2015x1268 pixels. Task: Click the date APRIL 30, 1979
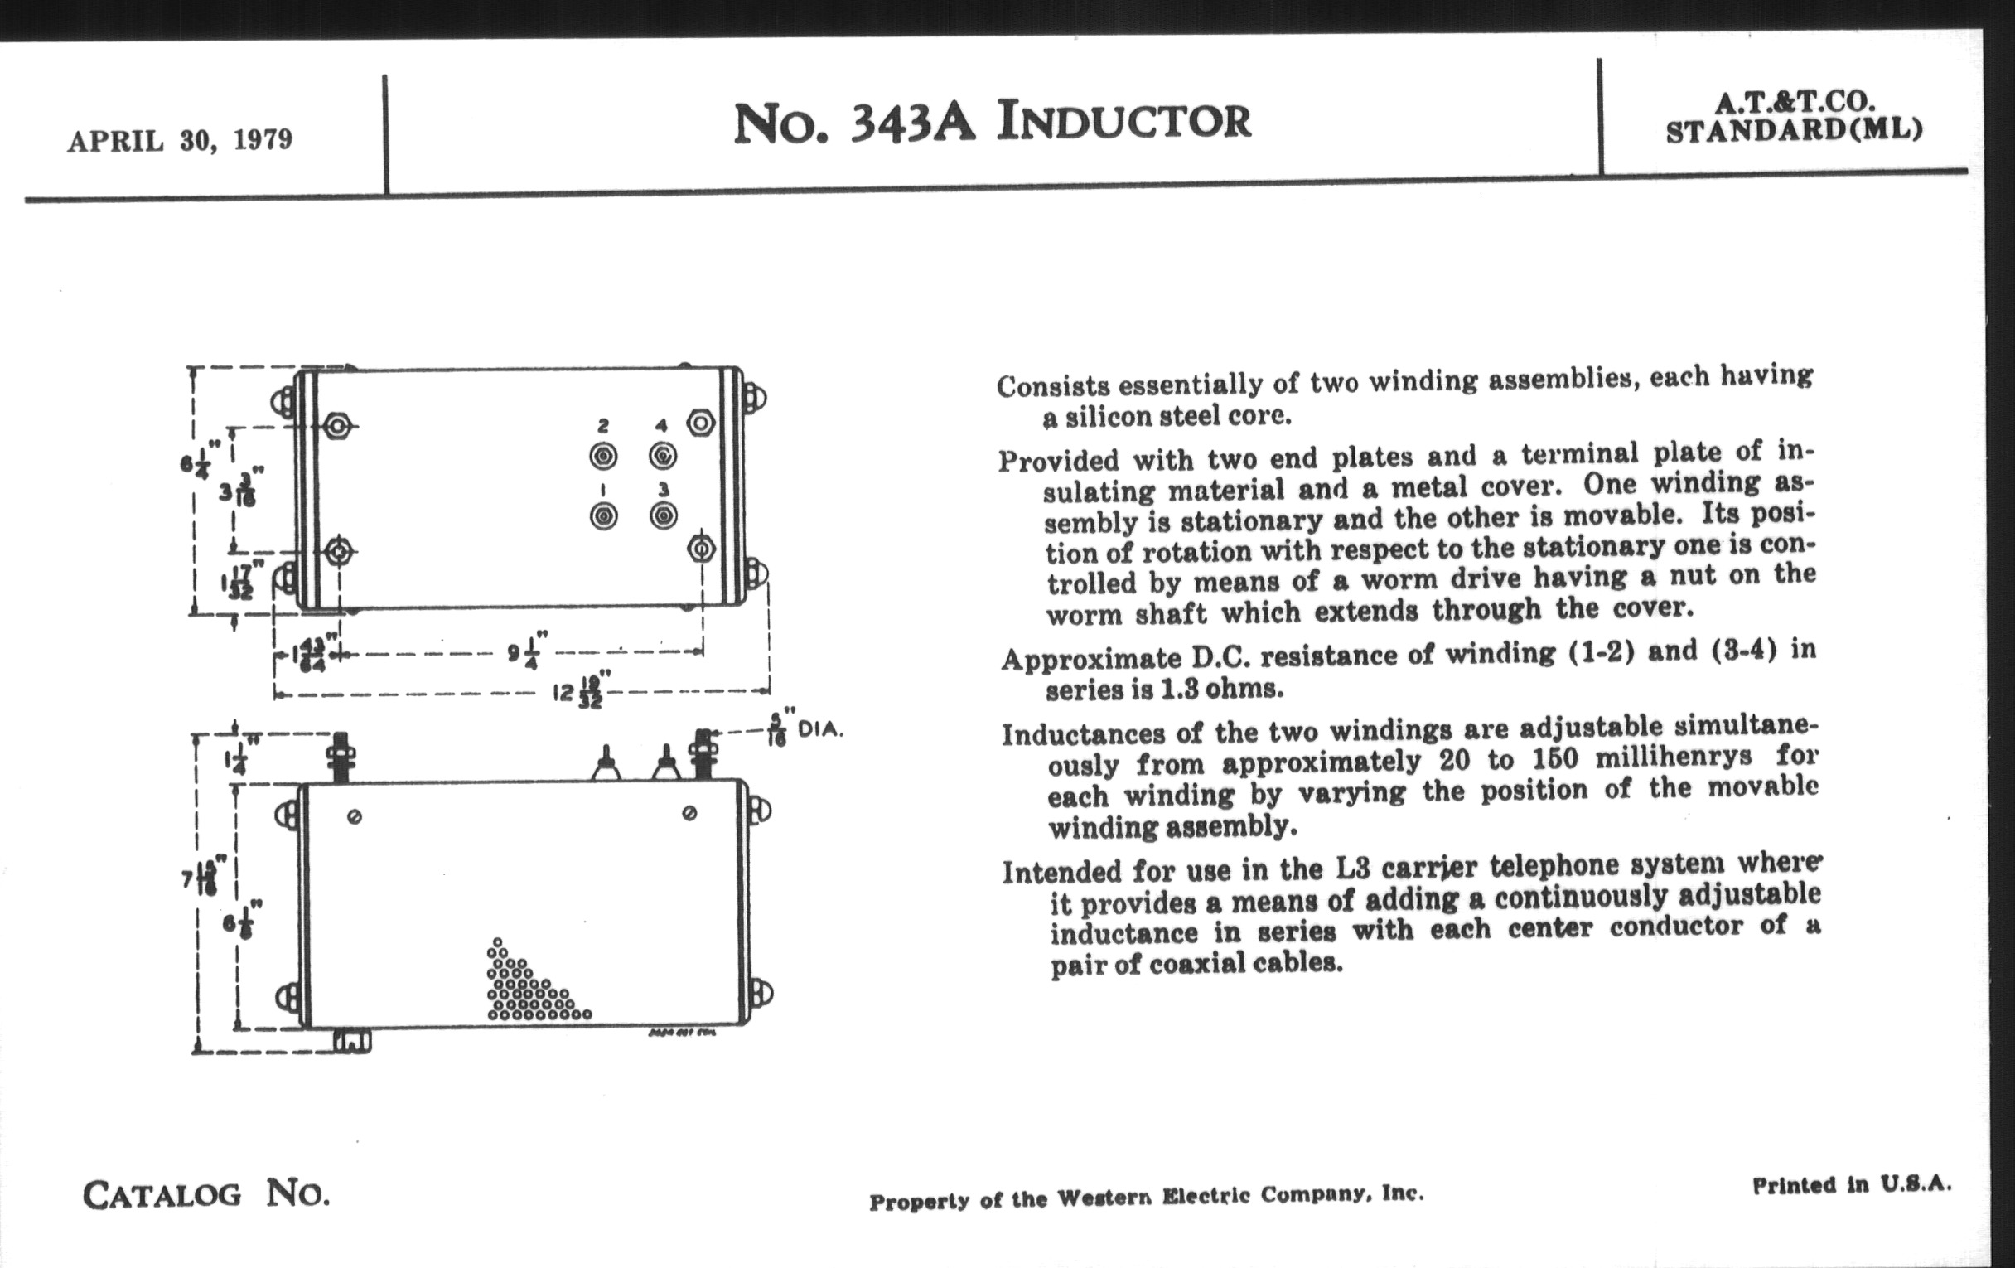[180, 140]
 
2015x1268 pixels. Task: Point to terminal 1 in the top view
[603, 516]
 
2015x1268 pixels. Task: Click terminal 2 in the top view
[603, 456]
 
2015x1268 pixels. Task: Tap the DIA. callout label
[820, 730]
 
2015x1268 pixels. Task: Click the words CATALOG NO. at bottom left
[205, 1193]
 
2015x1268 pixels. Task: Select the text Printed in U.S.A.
[1851, 1185]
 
